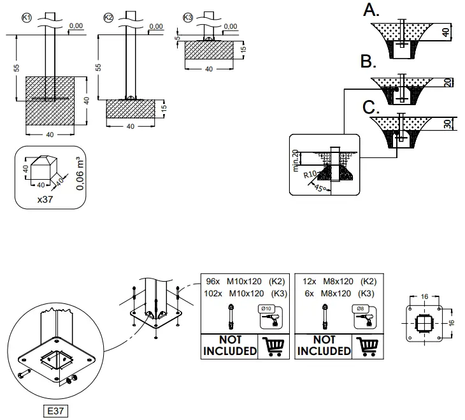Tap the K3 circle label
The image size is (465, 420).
tap(187, 17)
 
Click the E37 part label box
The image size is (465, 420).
tap(55, 411)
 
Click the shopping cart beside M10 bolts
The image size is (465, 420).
tap(272, 346)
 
